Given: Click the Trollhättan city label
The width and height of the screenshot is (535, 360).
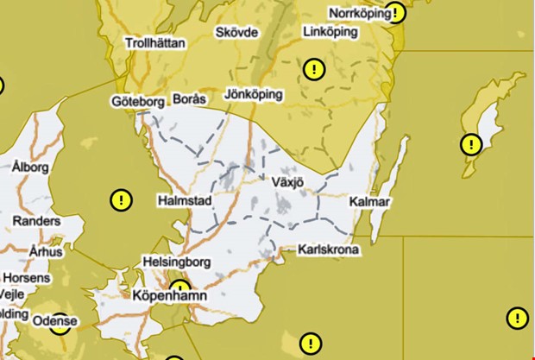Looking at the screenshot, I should coord(155,42).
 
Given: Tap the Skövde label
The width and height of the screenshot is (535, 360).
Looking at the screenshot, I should coord(236,32).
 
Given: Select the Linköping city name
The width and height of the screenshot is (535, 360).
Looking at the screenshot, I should coord(331,32).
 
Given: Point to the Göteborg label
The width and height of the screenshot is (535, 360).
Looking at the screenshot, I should coord(138,102).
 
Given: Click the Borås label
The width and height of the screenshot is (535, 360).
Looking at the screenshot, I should coord(190,99).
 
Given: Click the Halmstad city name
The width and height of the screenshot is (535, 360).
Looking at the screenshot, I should coord(185,200).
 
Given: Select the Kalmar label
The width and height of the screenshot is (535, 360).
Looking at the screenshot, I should coord(371,202).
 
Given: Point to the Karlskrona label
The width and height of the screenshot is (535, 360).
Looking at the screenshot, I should coord(328,250).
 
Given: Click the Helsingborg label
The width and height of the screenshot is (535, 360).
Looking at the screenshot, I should coord(177,261).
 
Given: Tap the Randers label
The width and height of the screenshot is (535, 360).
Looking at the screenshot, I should coord(35,221).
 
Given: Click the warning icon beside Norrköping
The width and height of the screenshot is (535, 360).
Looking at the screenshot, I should coord(395,13).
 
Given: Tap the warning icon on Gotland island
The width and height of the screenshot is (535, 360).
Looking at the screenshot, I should coord(470,144).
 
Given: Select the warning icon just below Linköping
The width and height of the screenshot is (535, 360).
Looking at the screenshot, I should coord(314,69).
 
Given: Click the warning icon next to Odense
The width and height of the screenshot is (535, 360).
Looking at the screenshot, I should coord(58,324).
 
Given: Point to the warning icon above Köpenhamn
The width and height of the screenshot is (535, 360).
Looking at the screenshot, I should coord(180,288).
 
